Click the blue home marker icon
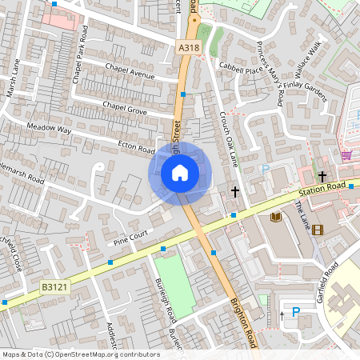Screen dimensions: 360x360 pyautogui.click(x=179, y=172)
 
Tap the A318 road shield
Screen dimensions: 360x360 pyautogui.click(x=189, y=48)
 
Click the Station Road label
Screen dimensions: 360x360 pyautogui.click(x=321, y=189)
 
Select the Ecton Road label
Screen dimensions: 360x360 pyautogui.click(x=136, y=148)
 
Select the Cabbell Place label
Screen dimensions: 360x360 pyautogui.click(x=242, y=69)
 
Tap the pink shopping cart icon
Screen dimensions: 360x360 pyautogui.click(x=346, y=155)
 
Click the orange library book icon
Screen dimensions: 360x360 pyautogui.click(x=276, y=216)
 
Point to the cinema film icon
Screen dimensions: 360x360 pyautogui.click(x=319, y=230)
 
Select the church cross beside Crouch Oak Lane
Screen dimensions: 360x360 pyautogui.click(x=235, y=191)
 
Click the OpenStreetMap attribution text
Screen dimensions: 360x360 pyautogui.click(x=81, y=354)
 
